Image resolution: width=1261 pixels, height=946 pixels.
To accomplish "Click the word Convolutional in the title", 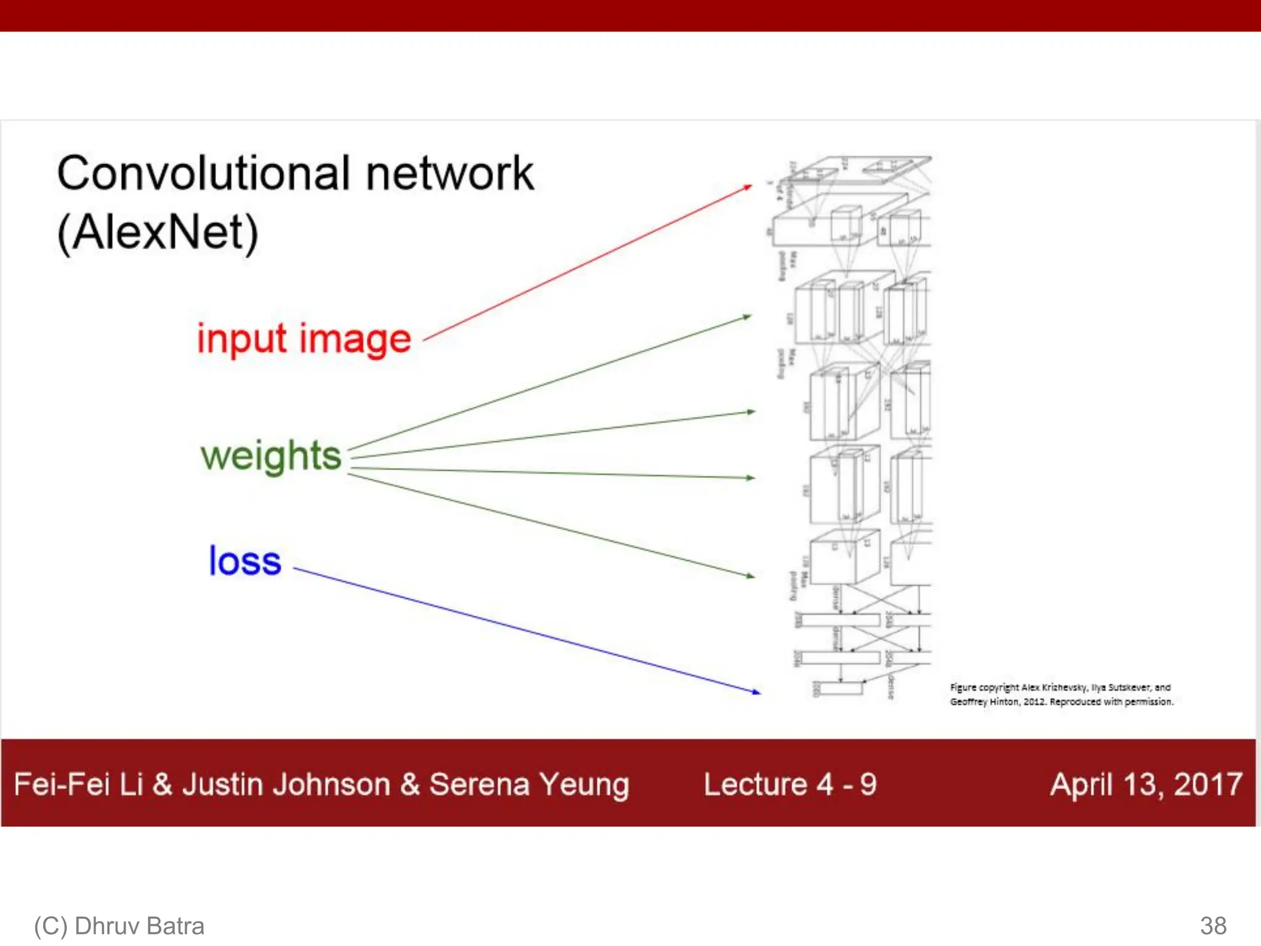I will (204, 174).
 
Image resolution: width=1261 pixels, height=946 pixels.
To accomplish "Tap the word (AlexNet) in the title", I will (158, 233).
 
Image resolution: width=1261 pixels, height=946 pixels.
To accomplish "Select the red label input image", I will (304, 339).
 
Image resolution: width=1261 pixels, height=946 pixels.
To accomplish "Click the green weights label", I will (271, 456).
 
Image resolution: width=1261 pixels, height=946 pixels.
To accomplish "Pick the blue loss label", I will (244, 561).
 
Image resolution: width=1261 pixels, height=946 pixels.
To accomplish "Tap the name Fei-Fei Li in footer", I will (78, 785).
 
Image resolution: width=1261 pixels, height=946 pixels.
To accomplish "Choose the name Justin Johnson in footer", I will (286, 785).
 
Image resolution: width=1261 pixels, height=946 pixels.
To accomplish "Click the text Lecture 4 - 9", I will (790, 785).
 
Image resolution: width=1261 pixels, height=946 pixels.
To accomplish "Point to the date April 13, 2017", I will (1146, 785).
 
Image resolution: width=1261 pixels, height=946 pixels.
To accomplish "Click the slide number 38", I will (1213, 926).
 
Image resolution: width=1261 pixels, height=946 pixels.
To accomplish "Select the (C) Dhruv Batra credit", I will (119, 926).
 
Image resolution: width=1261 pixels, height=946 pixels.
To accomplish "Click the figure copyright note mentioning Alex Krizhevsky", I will (1061, 694).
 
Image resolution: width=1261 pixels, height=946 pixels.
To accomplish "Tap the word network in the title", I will (449, 174).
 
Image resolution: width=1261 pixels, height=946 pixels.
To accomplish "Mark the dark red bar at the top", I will (630, 15).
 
